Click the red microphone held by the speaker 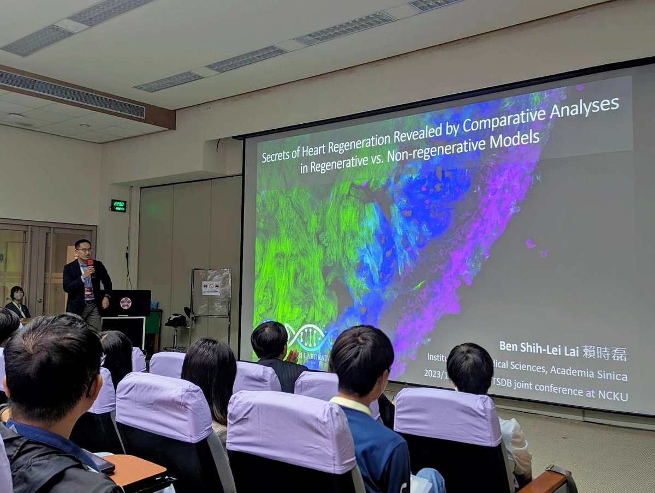click(x=90, y=263)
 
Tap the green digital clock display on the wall click(x=118, y=206)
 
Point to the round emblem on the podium click(x=126, y=303)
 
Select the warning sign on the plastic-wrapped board click(x=211, y=288)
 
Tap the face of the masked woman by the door click(x=17, y=295)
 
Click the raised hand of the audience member click(x=294, y=356)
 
